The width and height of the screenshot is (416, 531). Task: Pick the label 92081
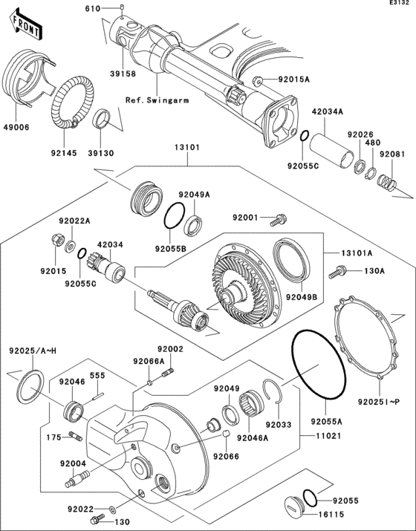(393, 153)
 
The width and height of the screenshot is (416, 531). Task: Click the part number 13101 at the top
(186, 147)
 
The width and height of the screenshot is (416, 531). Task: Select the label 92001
(246, 218)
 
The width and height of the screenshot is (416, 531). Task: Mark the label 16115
(324, 513)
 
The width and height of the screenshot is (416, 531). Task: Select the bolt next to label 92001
(280, 219)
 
